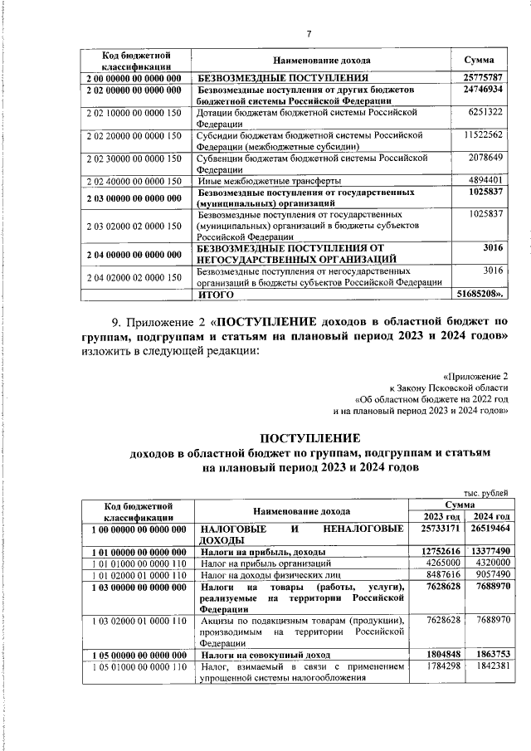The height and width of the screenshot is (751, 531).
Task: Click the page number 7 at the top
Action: pyautogui.click(x=309, y=34)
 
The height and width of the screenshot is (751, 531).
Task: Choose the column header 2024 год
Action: pyautogui.click(x=486, y=517)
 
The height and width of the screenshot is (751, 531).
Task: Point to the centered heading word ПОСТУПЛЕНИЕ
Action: pyautogui.click(x=309, y=438)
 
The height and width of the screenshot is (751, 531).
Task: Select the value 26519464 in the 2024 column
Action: pyautogui.click(x=487, y=529)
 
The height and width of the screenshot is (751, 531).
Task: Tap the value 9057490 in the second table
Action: pyautogui.click(x=487, y=573)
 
